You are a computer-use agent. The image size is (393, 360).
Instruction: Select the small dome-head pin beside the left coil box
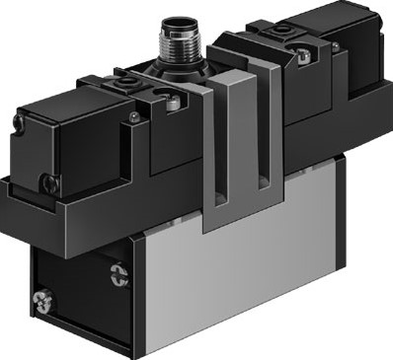pos(133,119)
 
